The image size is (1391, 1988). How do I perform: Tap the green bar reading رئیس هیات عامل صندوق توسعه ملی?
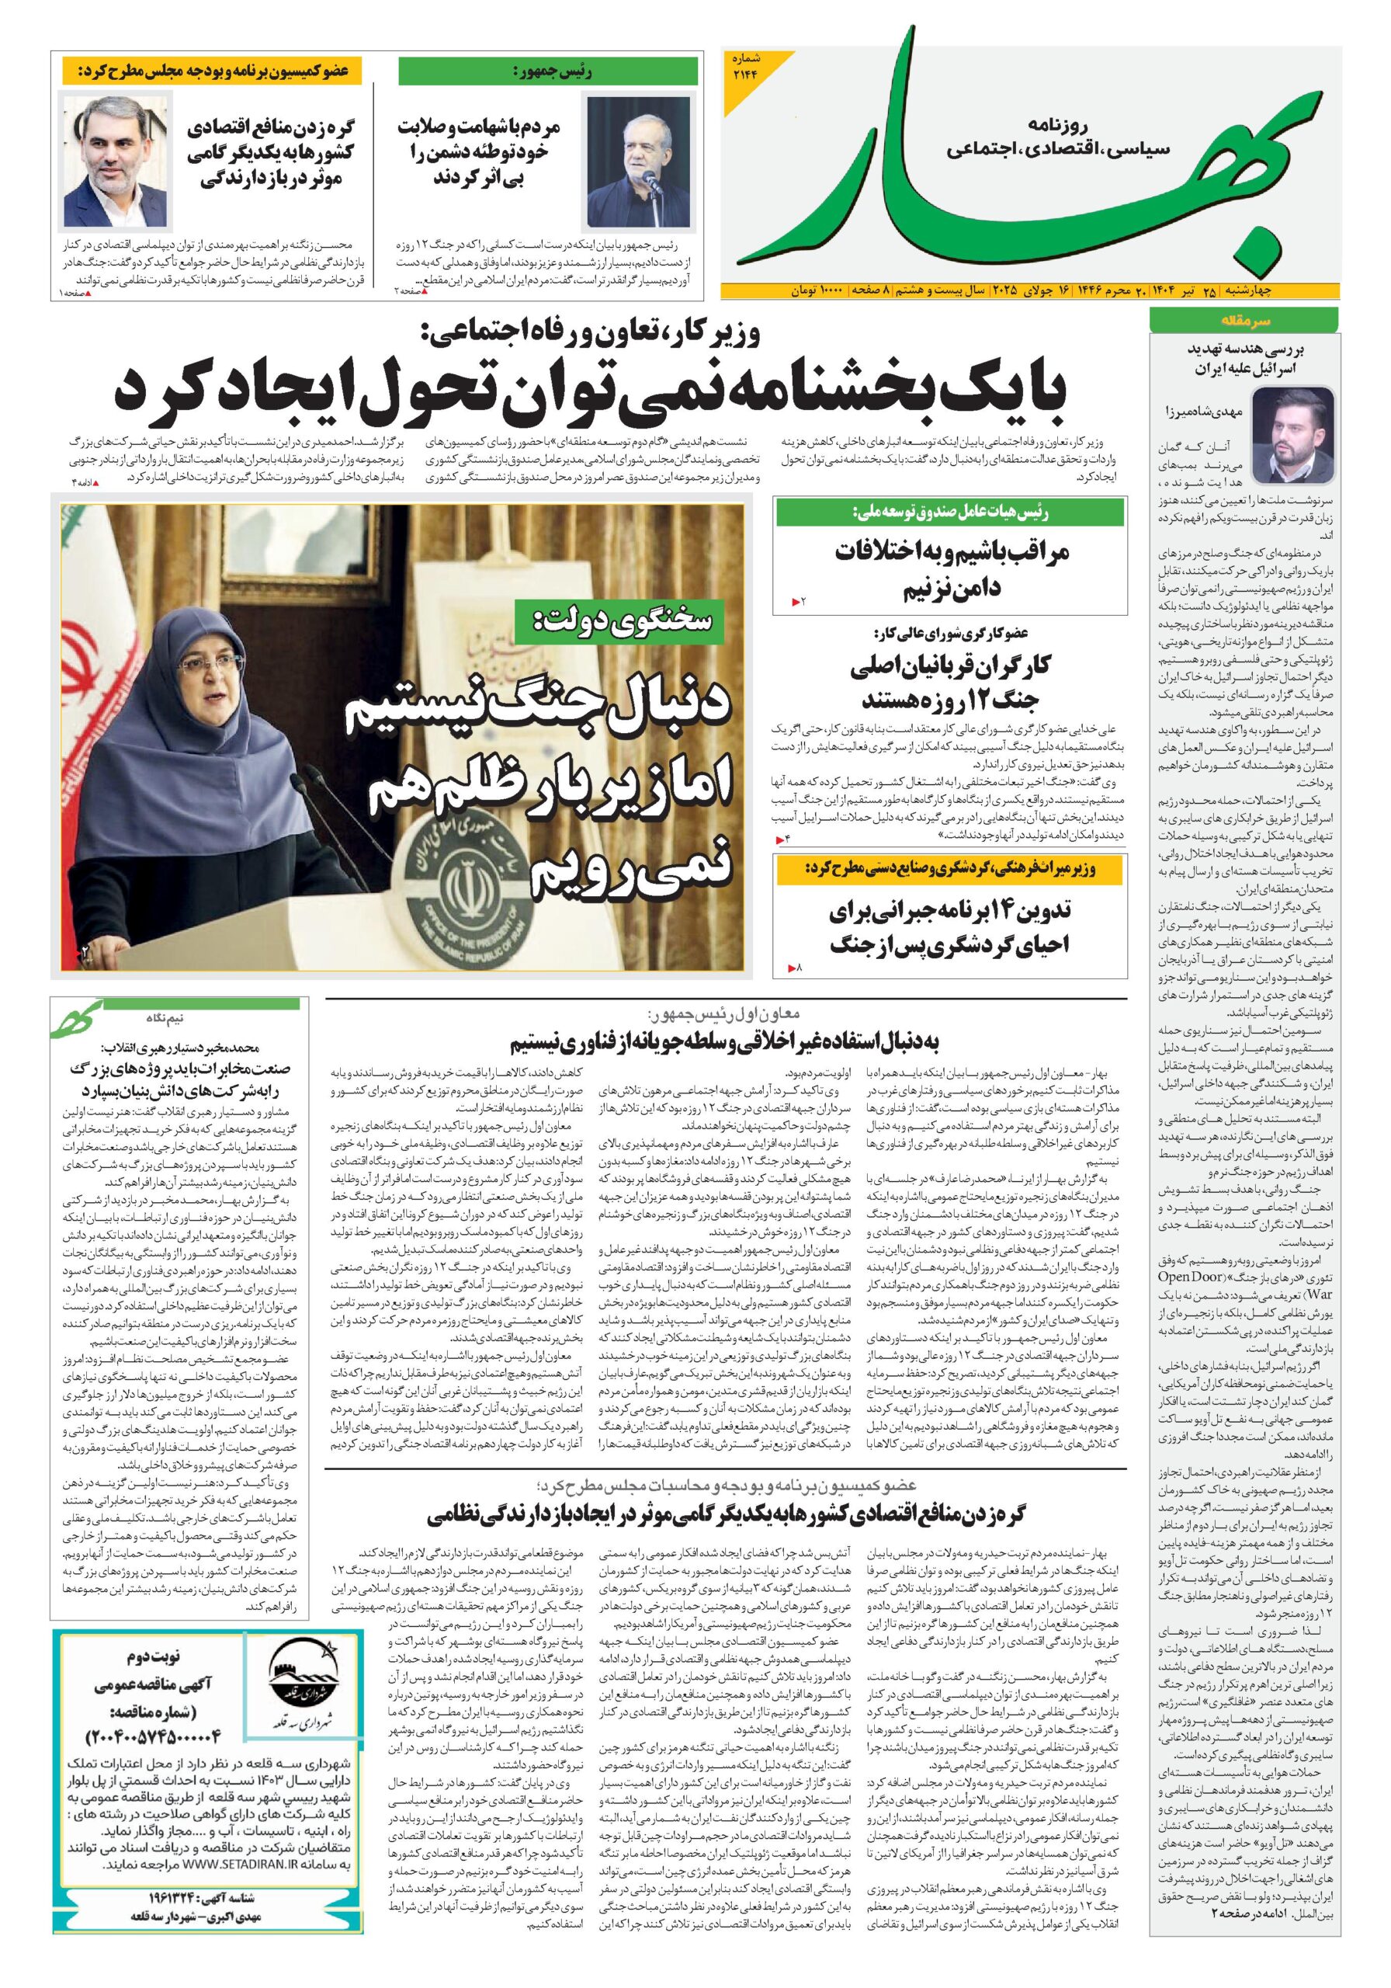949,513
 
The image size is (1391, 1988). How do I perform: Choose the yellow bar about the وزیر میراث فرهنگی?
949,871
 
